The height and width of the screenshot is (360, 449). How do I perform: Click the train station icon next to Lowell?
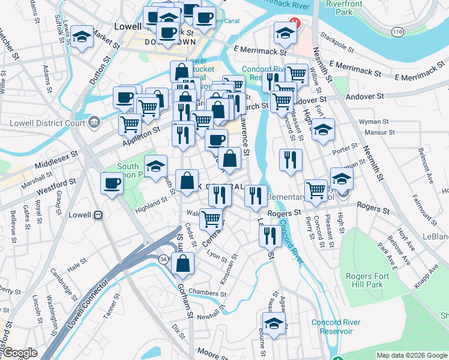(x=97, y=215)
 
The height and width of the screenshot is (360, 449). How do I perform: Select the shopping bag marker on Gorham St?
(x=183, y=263)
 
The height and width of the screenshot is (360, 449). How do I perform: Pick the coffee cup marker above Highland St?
(x=112, y=184)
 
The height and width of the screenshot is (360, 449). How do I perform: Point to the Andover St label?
(x=363, y=96)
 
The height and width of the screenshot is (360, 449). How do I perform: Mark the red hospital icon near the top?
(x=294, y=23)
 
